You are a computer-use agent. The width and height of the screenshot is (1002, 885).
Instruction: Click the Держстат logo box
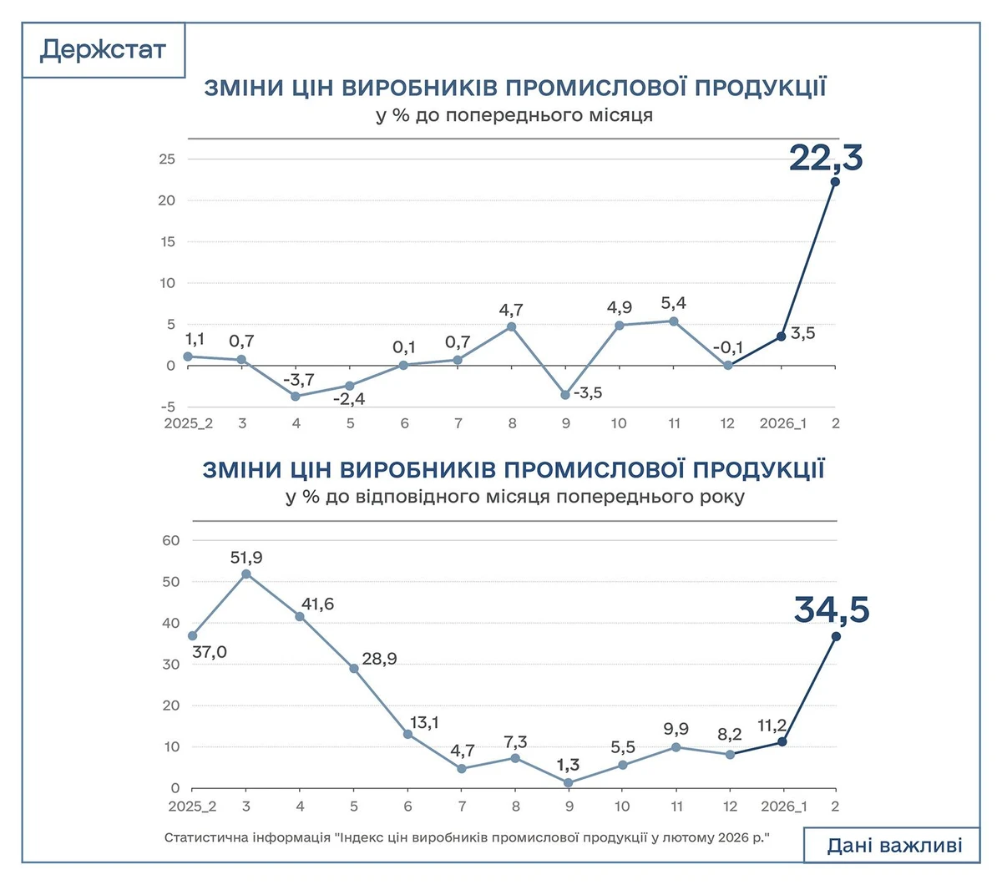tap(103, 50)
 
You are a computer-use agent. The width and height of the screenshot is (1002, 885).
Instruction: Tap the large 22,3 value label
tap(826, 158)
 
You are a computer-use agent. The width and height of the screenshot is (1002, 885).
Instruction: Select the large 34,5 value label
tap(832, 610)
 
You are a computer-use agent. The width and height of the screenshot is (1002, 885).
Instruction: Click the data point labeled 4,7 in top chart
tap(512, 326)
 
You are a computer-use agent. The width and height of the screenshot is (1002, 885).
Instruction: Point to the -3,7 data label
tap(298, 380)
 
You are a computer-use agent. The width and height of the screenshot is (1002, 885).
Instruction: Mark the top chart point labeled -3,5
tap(565, 395)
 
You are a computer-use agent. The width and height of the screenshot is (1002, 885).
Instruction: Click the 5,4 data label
tap(673, 303)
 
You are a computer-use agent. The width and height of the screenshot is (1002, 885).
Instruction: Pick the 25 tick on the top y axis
tap(167, 159)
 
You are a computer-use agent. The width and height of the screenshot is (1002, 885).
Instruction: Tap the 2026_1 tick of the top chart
tap(782, 423)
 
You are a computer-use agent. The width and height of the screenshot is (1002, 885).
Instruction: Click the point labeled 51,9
tap(245, 574)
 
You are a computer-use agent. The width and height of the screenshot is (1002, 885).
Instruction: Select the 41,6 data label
tap(317, 604)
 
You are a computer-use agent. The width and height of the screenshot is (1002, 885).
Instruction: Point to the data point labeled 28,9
tap(354, 669)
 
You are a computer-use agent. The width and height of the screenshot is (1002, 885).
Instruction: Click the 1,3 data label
tap(568, 765)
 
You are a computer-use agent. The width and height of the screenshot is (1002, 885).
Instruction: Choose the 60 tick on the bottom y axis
tap(170, 540)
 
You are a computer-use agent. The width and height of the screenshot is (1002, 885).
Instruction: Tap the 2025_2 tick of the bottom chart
tap(192, 807)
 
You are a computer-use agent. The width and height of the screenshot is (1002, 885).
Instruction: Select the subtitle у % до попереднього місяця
tap(514, 114)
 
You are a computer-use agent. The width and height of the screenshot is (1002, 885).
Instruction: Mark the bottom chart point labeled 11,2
tap(782, 741)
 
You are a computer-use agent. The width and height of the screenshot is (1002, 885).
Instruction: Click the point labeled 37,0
tap(193, 635)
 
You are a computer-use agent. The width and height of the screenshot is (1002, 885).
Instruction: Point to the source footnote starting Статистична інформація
tap(465, 837)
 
